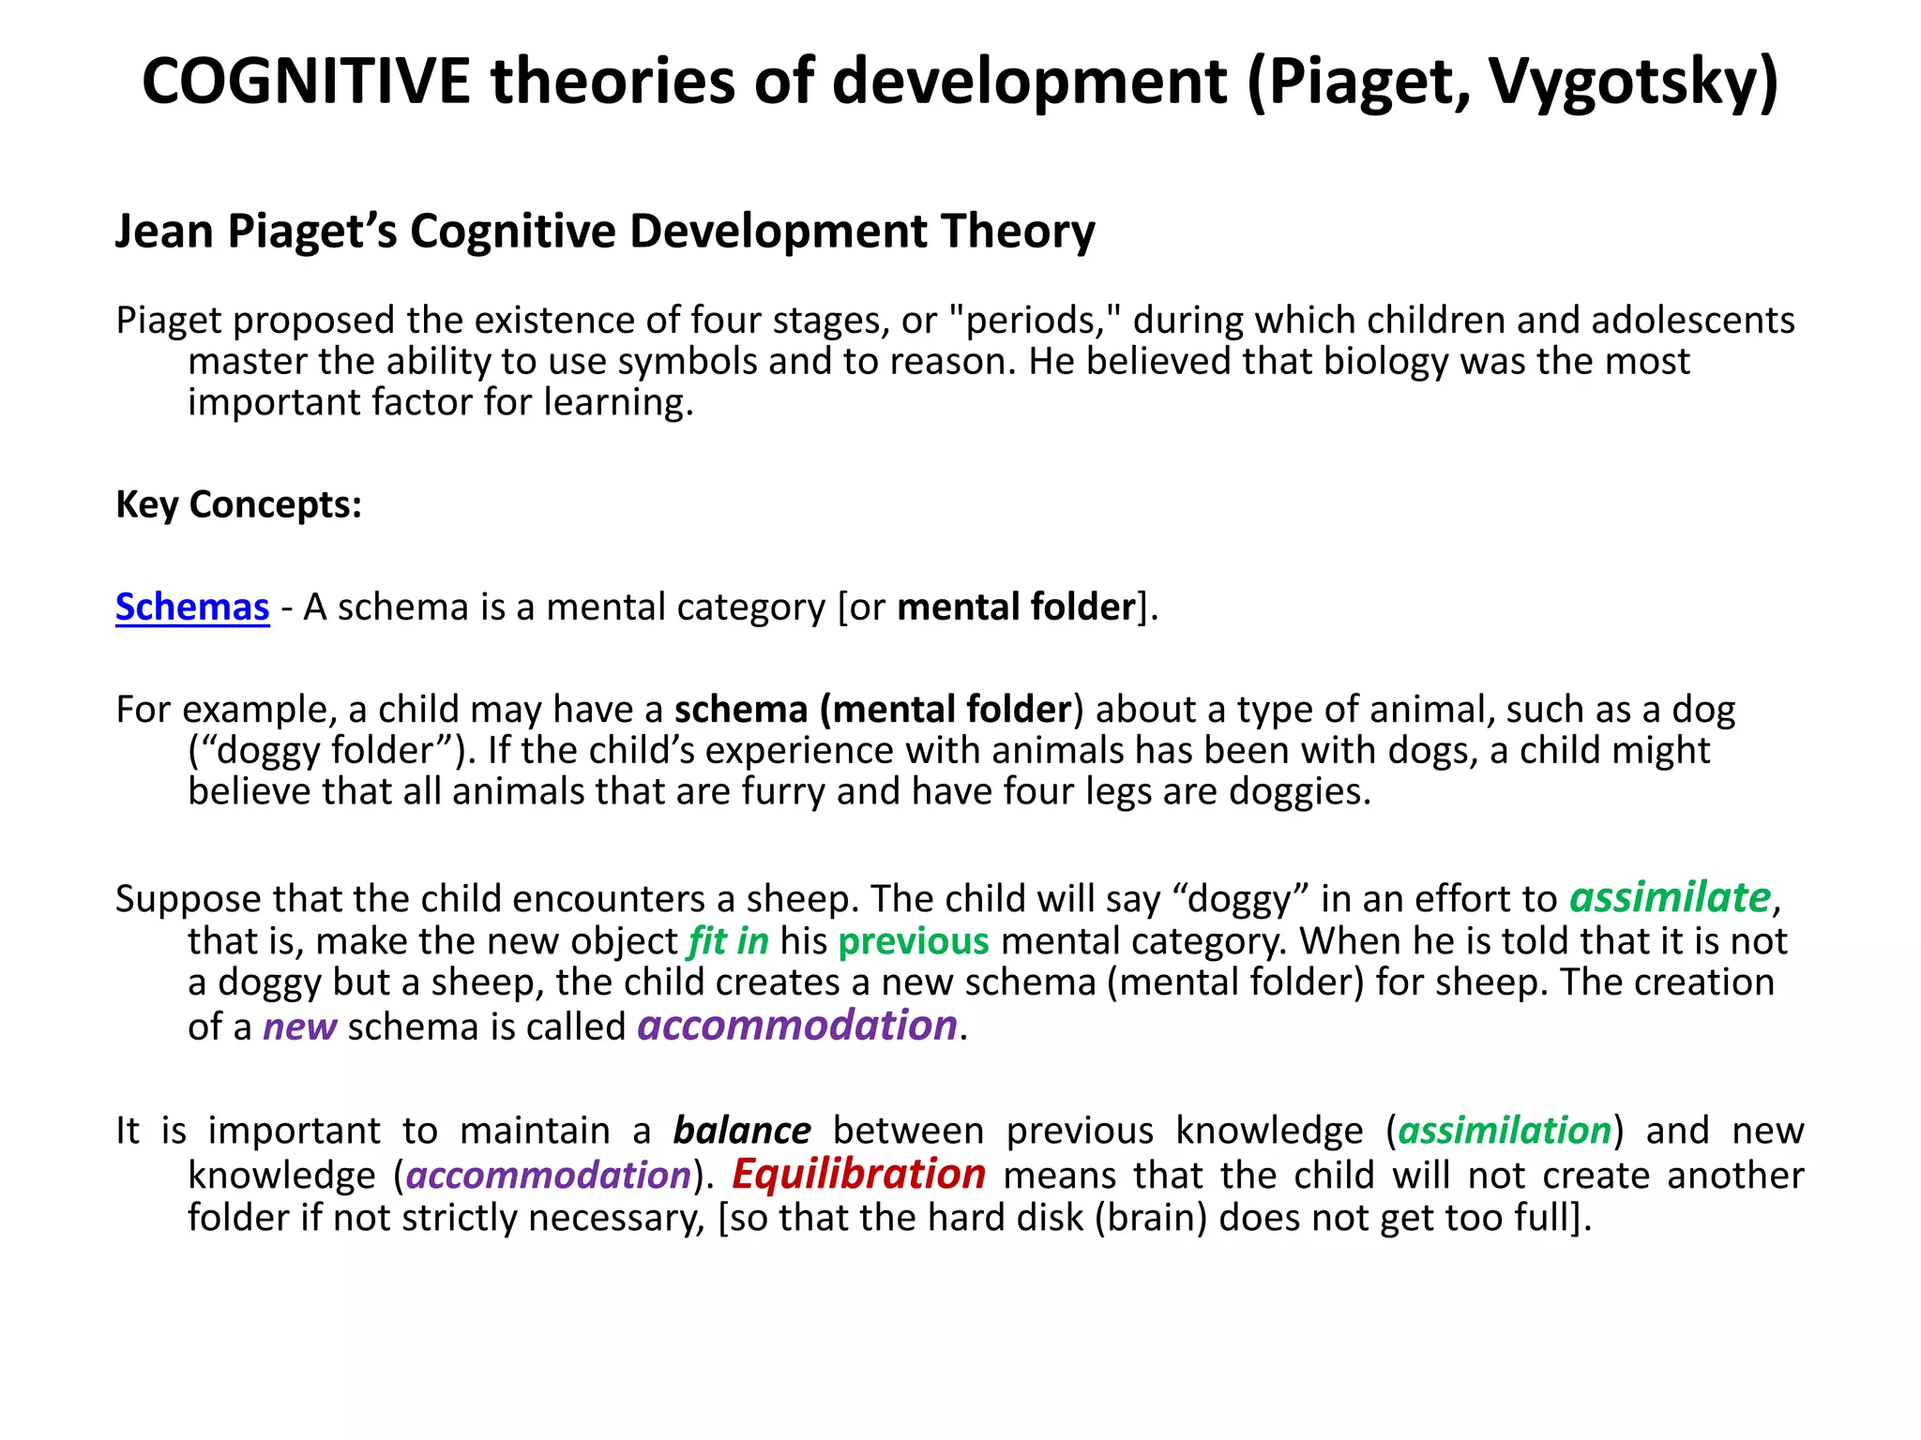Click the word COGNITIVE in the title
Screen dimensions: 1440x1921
[x=306, y=81]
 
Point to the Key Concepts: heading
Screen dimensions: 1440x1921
[x=238, y=504]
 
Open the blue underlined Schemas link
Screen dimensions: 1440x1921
[x=192, y=607]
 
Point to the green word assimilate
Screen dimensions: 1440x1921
[x=1670, y=897]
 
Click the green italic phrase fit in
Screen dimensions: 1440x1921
[x=729, y=941]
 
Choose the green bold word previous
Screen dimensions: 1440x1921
[x=914, y=941]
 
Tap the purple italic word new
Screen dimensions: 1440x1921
[x=299, y=1027]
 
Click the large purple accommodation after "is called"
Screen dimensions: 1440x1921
[x=797, y=1026]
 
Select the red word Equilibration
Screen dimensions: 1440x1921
[x=858, y=1174]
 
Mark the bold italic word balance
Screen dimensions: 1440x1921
[x=742, y=1131]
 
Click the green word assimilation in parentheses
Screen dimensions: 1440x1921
[x=1505, y=1131]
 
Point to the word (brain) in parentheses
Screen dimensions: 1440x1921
[x=1150, y=1218]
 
